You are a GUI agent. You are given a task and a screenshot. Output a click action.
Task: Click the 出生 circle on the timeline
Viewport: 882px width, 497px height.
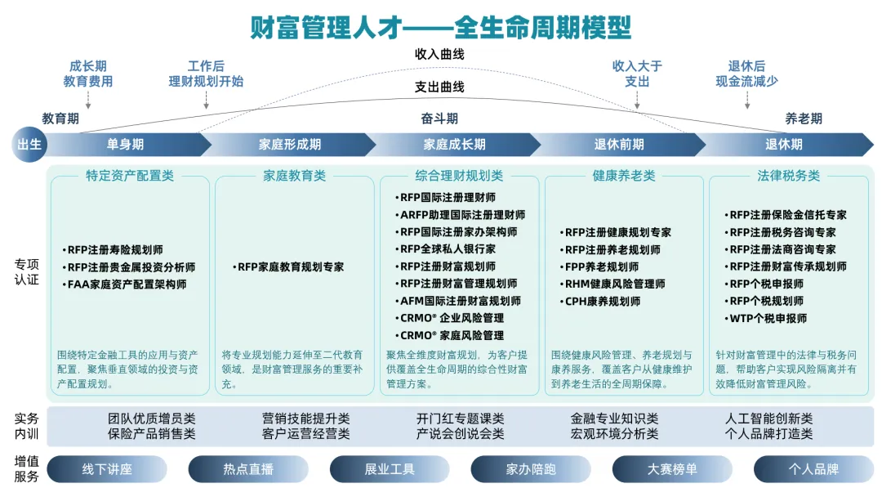pos(30,145)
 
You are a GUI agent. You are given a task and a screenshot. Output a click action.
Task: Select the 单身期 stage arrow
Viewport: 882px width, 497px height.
pos(125,145)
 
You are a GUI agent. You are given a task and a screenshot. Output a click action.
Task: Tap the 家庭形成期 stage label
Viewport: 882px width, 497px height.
pos(290,145)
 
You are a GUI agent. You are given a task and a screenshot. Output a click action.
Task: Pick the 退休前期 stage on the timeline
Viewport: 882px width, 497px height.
pos(618,145)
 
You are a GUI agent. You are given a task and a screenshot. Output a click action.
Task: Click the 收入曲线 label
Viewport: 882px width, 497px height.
pos(439,54)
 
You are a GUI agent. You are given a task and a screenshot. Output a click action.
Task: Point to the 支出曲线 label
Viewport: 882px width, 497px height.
pos(439,87)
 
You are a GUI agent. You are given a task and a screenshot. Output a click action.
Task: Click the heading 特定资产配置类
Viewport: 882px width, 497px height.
pos(130,176)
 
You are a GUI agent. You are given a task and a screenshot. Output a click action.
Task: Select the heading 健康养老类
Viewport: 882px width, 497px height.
pos(624,176)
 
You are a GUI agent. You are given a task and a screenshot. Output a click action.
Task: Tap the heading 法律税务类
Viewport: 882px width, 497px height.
pos(788,176)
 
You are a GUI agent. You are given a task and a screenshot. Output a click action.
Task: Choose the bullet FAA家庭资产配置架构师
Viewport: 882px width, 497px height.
pos(127,284)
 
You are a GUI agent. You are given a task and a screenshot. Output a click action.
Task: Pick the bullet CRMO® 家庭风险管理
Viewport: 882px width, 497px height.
pos(452,335)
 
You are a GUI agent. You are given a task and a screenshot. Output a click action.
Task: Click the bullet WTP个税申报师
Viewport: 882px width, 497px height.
pos(768,318)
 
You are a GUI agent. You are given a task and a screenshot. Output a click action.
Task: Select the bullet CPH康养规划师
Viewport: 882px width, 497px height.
pos(603,301)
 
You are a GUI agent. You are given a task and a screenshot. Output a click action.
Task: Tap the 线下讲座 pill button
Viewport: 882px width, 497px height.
pos(107,469)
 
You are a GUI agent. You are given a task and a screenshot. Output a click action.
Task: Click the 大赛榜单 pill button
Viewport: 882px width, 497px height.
pos(672,469)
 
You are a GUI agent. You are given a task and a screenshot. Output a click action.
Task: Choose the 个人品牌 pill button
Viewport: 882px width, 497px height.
pos(813,469)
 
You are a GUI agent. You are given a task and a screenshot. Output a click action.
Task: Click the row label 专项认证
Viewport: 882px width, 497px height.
pos(27,272)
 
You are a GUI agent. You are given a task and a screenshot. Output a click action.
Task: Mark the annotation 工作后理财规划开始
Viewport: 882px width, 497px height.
pos(206,74)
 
